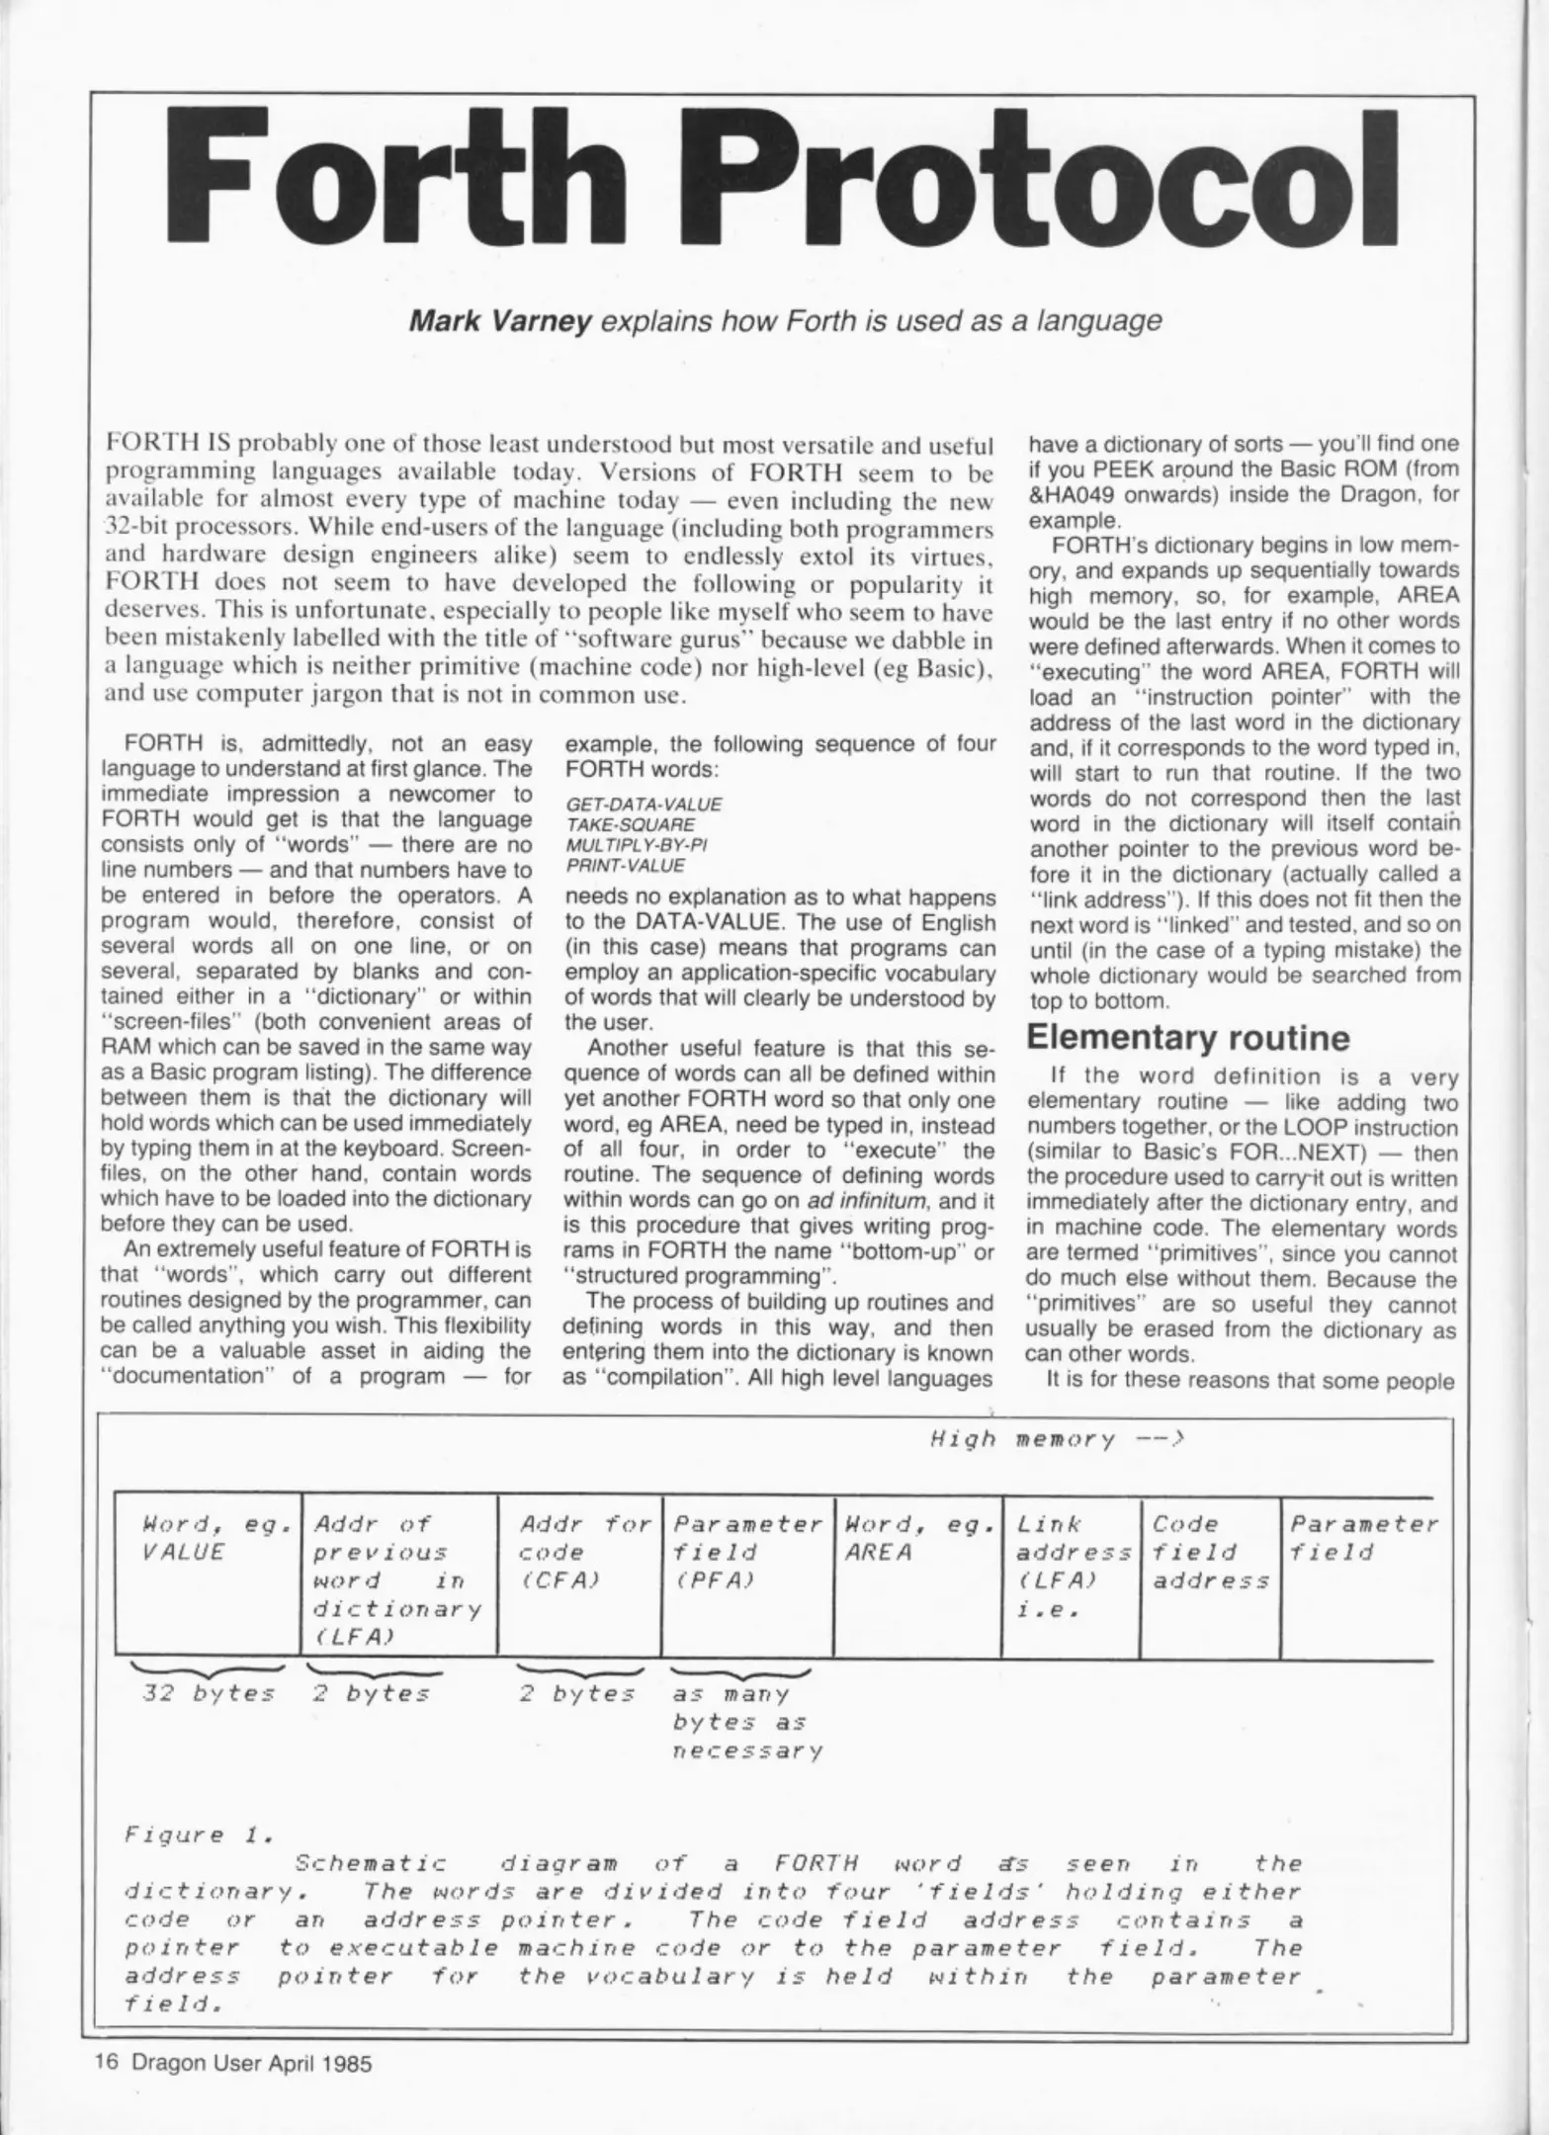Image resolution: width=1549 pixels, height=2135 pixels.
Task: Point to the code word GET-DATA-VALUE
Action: point(644,804)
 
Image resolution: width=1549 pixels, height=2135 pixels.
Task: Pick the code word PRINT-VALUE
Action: point(625,866)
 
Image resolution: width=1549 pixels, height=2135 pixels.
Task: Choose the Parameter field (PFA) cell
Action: point(747,1552)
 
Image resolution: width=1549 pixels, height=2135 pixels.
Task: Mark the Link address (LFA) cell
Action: point(1072,1567)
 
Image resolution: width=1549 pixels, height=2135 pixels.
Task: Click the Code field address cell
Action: point(1210,1552)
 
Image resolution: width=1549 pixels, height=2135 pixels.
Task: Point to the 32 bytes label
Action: point(208,1693)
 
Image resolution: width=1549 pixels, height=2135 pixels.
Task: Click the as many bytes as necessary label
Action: point(746,1722)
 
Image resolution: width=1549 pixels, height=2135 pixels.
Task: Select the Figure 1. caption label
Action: point(198,1836)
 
